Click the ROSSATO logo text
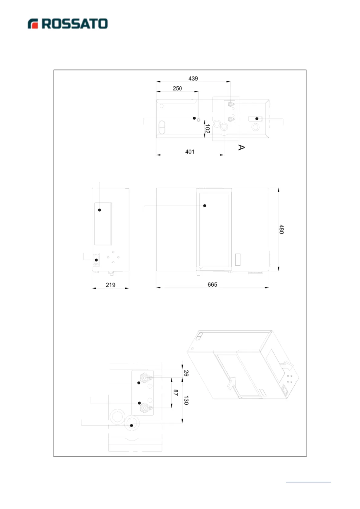point(74,24)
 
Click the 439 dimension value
point(193,79)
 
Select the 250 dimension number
point(177,89)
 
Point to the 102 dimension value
point(207,129)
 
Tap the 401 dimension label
point(190,152)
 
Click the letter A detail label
point(241,148)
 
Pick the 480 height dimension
point(281,229)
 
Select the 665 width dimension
point(212,285)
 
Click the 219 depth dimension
point(110,285)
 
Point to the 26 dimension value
point(186,373)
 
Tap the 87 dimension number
point(176,393)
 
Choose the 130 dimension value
point(186,400)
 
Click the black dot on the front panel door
point(205,206)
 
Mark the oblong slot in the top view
point(162,127)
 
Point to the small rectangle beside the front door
point(238,260)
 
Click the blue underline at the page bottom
point(308,482)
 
